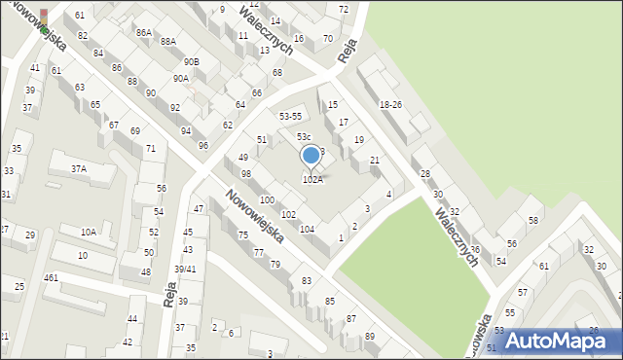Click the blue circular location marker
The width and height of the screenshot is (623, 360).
pyautogui.click(x=311, y=155)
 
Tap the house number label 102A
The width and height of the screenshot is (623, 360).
pyautogui.click(x=311, y=180)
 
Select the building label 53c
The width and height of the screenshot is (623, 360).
pyautogui.click(x=304, y=137)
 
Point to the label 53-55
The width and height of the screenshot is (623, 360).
pyautogui.click(x=291, y=117)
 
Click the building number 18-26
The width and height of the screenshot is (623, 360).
pyautogui.click(x=390, y=104)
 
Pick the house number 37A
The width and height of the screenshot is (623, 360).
pyautogui.click(x=79, y=168)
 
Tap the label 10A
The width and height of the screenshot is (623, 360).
pyautogui.click(x=88, y=233)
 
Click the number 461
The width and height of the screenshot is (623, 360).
pyautogui.click(x=51, y=278)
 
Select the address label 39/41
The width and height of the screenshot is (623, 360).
pyautogui.click(x=185, y=270)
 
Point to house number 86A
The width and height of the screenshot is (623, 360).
pyautogui.click(x=144, y=33)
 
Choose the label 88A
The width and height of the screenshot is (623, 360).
pyautogui.click(x=168, y=42)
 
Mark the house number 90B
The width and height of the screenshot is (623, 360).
pyautogui.click(x=192, y=62)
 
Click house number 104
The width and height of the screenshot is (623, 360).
pyautogui.click(x=307, y=229)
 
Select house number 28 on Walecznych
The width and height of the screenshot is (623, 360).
pyautogui.click(x=424, y=174)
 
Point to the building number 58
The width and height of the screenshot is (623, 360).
pyautogui.click(x=533, y=221)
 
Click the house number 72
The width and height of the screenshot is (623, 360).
pyautogui.click(x=343, y=10)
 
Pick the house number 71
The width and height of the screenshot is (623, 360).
pyautogui.click(x=150, y=149)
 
